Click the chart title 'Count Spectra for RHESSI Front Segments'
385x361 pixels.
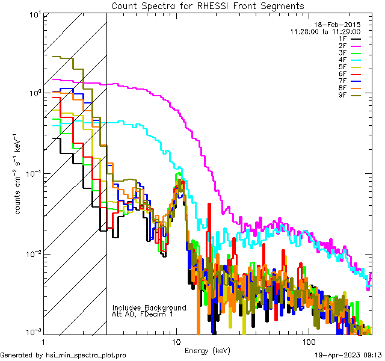(207, 5)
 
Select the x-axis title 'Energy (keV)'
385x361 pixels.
(207, 351)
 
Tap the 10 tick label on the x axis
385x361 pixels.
(176, 341)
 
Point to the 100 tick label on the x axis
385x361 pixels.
(308, 341)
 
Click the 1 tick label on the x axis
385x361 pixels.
(43, 341)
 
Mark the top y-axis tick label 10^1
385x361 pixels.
(34, 13)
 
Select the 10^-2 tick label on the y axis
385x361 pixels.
(32, 253)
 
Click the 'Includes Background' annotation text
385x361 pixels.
(149, 307)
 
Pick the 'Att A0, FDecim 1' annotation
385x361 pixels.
(143, 314)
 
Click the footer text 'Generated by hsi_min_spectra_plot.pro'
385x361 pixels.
(63, 355)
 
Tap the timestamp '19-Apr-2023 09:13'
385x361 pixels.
(347, 355)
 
